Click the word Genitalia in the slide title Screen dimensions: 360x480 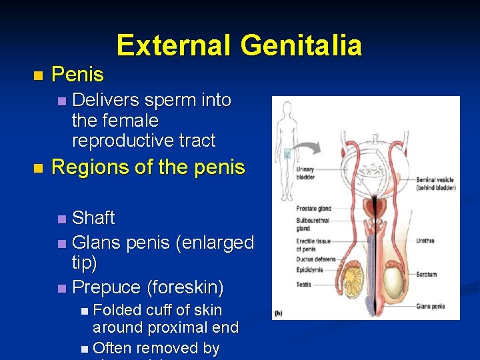(x=301, y=45)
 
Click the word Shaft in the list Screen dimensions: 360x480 (x=93, y=218)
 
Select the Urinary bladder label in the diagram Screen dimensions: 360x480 (x=305, y=173)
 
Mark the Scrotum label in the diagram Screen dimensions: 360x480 (x=427, y=273)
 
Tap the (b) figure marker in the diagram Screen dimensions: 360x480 (x=278, y=312)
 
